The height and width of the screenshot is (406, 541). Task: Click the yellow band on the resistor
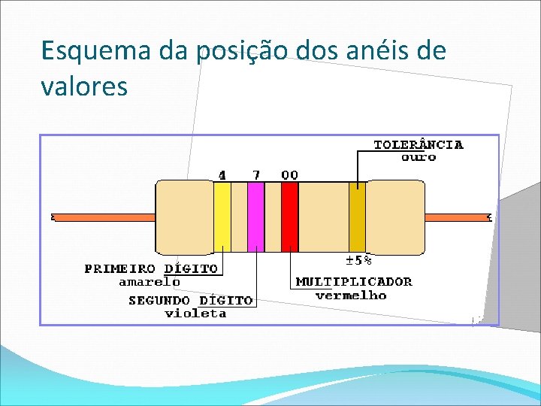coord(222,217)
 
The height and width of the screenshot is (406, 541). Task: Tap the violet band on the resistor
coord(255,217)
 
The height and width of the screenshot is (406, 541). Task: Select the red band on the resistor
coord(289,217)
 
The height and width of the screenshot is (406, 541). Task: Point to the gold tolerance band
coord(357,217)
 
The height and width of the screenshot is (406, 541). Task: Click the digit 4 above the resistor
coord(222,174)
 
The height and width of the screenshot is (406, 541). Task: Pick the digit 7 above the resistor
coord(256,174)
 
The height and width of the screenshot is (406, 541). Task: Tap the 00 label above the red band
coord(289,174)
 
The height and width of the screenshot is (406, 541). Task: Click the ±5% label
coord(358,261)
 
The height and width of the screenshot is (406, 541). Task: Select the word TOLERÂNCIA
coord(419,144)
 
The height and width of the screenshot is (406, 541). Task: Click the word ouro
coord(419,157)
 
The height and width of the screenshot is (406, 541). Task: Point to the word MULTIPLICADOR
coord(354,282)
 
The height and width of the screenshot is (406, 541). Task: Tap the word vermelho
coord(351,295)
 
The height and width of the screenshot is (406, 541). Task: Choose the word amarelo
coord(150,282)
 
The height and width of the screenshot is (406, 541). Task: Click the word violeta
coord(195,313)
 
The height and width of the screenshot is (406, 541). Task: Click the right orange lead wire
coord(457,217)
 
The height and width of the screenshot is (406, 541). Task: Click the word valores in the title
coord(84,86)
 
